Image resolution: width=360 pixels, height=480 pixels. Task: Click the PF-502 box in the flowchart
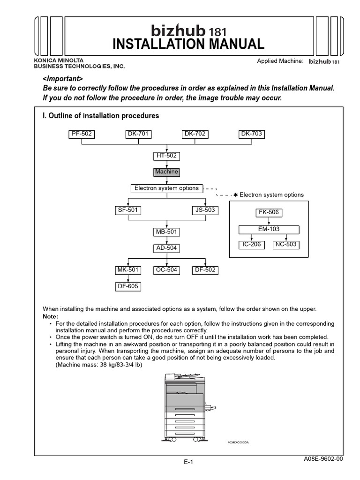click(x=82, y=134)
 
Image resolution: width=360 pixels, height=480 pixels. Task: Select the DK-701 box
click(x=138, y=134)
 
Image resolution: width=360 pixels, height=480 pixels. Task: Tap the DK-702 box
click(x=195, y=134)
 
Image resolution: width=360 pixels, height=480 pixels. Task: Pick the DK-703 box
click(x=252, y=134)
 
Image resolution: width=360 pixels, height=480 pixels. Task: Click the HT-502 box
click(x=166, y=156)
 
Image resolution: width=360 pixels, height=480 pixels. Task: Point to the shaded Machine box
click(x=166, y=172)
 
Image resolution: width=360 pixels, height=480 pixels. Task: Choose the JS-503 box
click(x=205, y=210)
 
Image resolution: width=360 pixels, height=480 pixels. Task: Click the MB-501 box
click(x=167, y=232)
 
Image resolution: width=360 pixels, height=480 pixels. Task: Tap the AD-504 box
click(x=167, y=248)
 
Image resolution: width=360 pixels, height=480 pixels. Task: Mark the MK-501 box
click(x=127, y=270)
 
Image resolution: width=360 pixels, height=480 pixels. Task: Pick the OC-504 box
click(x=166, y=270)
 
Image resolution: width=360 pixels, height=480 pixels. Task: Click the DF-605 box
click(x=127, y=286)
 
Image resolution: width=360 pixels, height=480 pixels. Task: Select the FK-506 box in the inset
click(x=269, y=213)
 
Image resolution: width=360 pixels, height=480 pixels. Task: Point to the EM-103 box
click(x=269, y=229)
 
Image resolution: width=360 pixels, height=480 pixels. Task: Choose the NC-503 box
click(x=286, y=245)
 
